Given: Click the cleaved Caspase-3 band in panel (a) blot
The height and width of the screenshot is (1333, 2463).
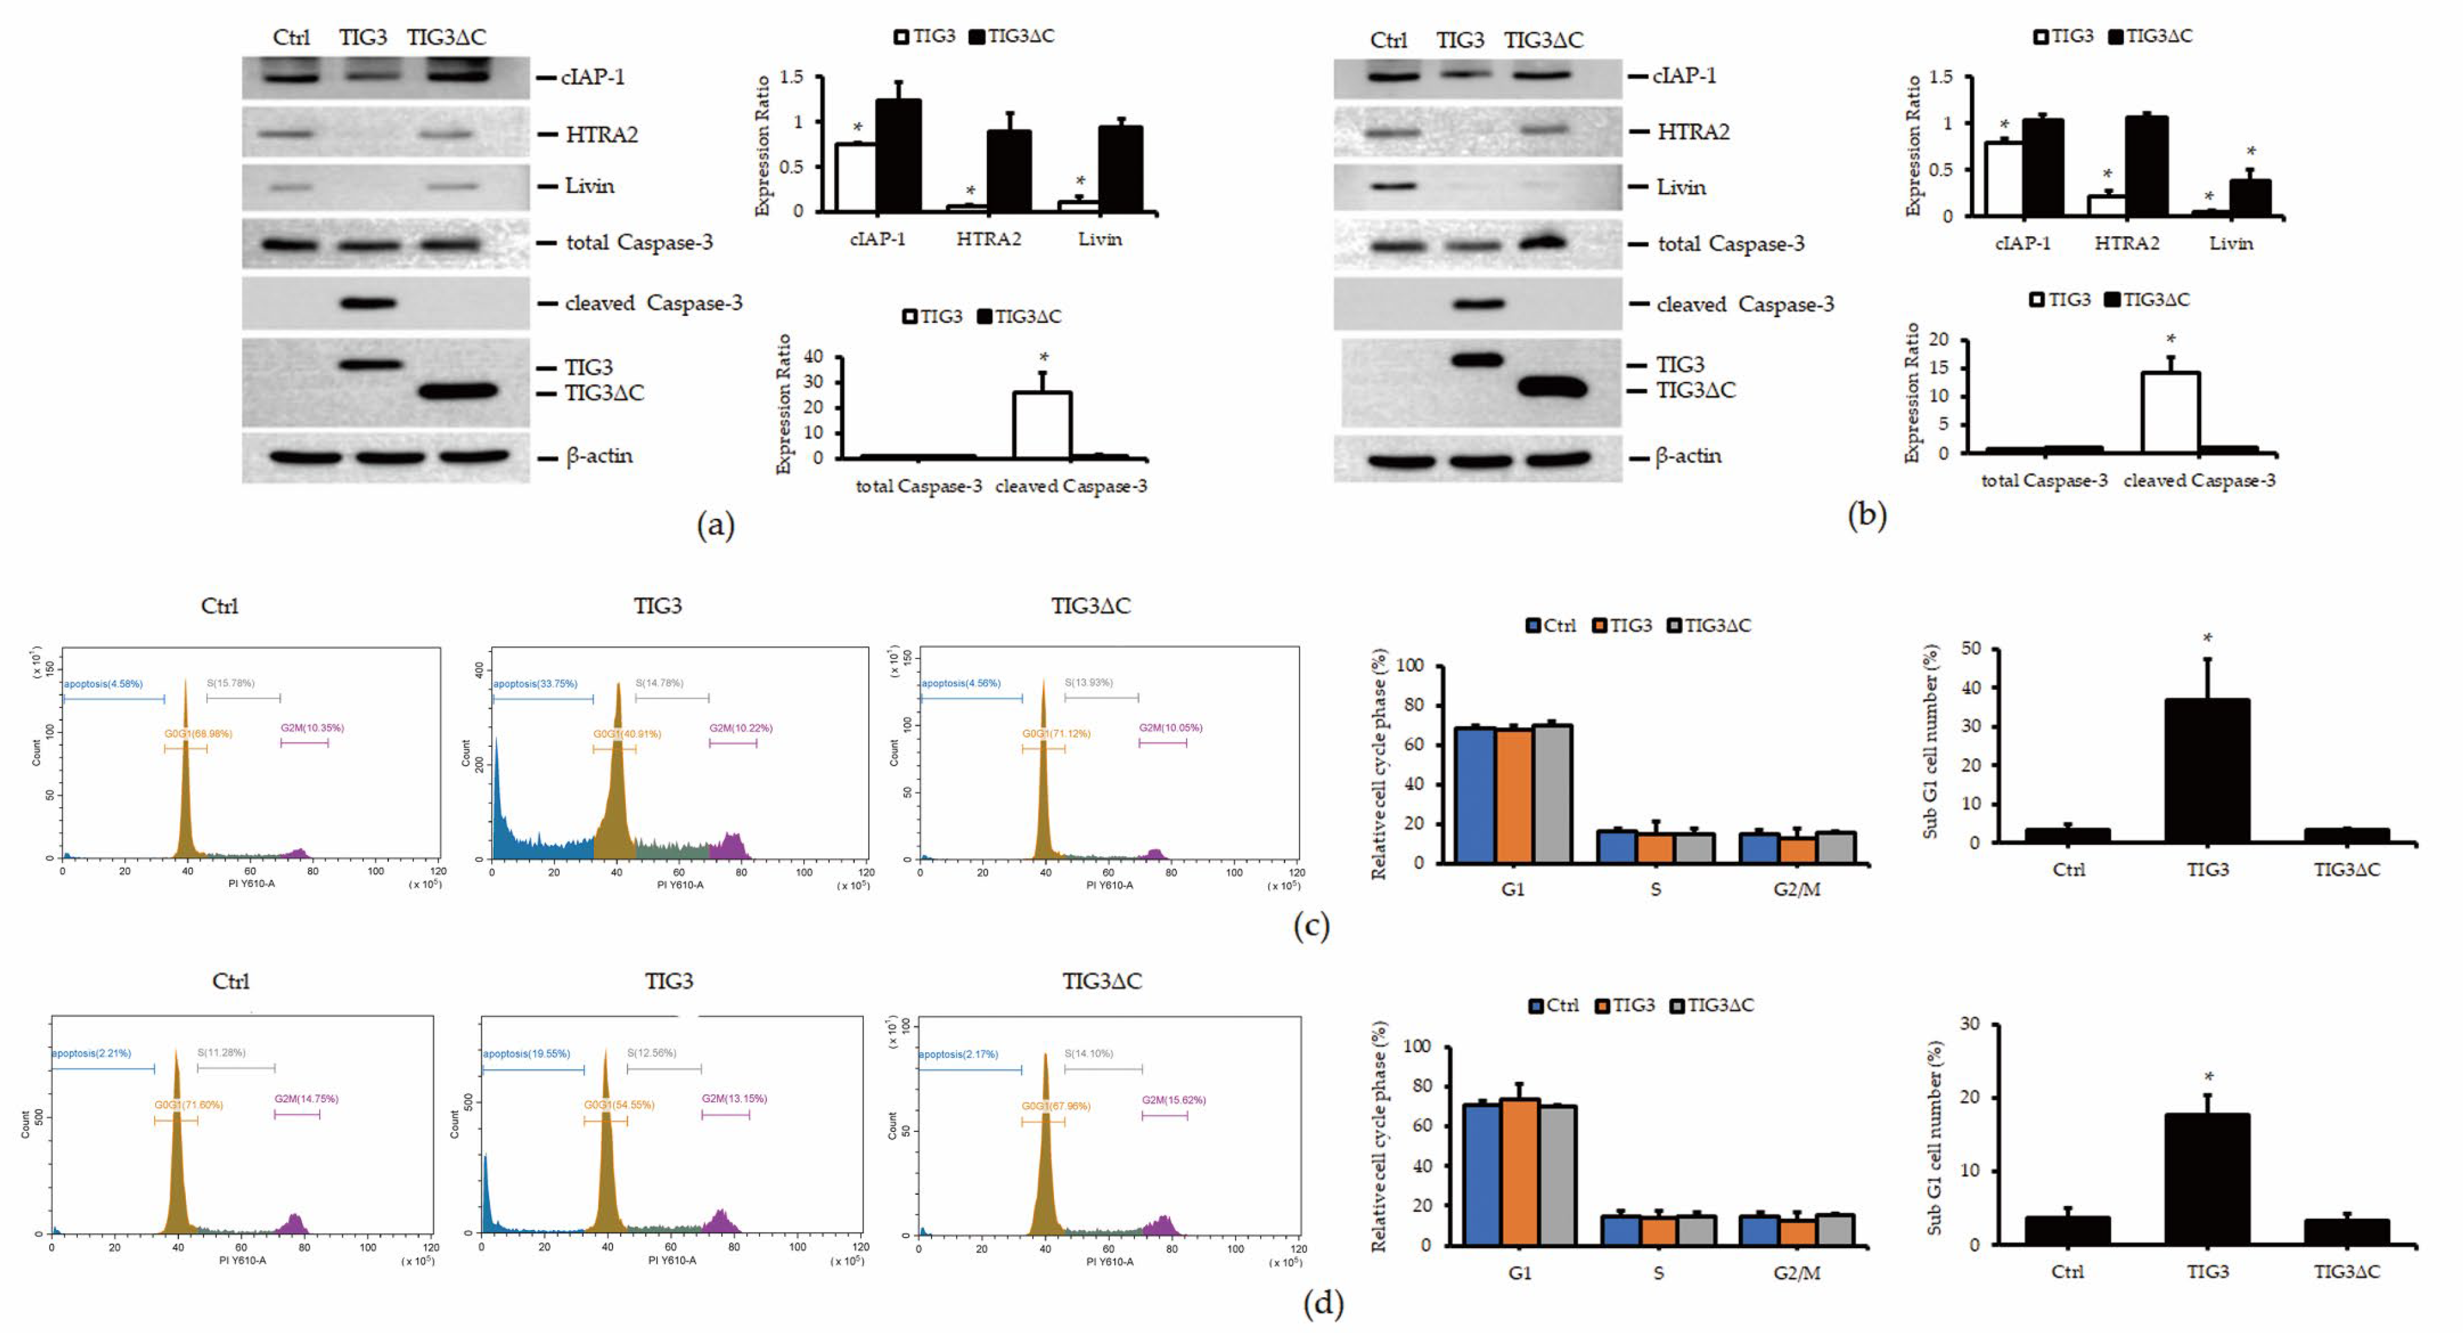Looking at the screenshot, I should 369,303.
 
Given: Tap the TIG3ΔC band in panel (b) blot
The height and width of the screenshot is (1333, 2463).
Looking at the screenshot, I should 1551,388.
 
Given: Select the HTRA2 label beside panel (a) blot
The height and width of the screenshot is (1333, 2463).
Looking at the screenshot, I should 601,134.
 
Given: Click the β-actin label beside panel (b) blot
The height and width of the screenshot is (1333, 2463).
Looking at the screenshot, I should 1688,456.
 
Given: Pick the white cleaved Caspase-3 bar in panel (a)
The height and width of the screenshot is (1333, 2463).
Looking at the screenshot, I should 1041,425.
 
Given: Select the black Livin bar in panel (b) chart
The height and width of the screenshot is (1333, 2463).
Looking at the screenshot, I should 2250,197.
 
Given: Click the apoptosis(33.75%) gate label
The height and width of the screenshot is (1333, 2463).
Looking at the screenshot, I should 535,683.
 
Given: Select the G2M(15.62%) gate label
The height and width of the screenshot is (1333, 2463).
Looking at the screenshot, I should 1173,1100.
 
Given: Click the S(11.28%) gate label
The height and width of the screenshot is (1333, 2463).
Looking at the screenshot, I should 222,1053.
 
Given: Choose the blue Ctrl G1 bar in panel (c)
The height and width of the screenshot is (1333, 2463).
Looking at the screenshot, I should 1474,793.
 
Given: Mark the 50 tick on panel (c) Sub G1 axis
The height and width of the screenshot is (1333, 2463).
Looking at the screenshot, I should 1971,648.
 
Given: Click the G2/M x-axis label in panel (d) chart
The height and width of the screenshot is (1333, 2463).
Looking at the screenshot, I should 1796,1273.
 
